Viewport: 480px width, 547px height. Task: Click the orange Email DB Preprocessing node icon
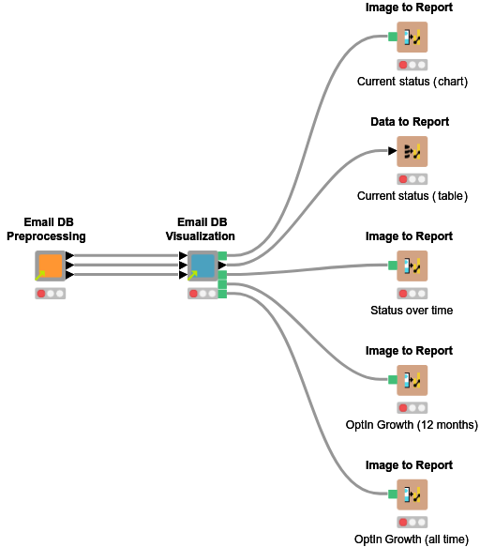click(x=51, y=266)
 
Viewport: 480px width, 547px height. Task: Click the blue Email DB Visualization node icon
click(x=202, y=266)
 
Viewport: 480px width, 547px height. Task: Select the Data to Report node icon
click(x=412, y=152)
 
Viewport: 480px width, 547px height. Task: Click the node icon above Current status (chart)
click(x=412, y=38)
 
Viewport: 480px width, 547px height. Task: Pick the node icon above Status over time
click(x=412, y=266)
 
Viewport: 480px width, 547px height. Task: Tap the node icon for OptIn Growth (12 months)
click(x=412, y=381)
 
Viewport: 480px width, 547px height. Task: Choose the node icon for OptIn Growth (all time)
click(x=412, y=495)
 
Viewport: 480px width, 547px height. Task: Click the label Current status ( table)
click(x=412, y=196)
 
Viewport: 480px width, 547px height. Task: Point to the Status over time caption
click(x=412, y=311)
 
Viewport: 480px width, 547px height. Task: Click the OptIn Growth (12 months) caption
click(x=412, y=425)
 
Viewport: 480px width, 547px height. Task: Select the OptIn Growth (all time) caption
click(x=412, y=539)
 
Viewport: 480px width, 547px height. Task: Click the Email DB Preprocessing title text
click(x=47, y=229)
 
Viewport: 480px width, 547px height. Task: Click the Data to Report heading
click(x=410, y=122)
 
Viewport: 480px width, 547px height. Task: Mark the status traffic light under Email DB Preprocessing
click(x=51, y=294)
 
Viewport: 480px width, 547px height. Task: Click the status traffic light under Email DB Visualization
click(x=202, y=294)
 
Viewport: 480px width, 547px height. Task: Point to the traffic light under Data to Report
click(x=412, y=179)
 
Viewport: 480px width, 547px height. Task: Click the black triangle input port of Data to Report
click(x=393, y=151)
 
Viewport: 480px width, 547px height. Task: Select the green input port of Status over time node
click(x=393, y=266)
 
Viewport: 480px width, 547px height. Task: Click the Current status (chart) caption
click(x=412, y=82)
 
